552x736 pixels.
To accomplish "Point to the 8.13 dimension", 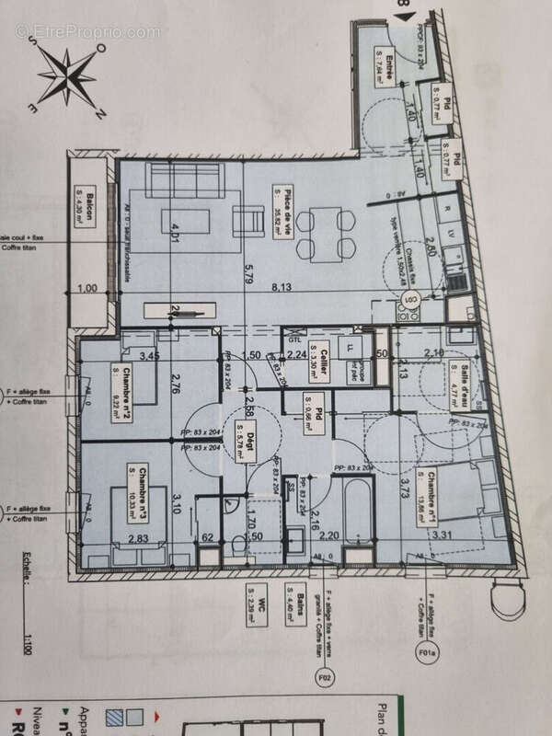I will pyautogui.click(x=273, y=287).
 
